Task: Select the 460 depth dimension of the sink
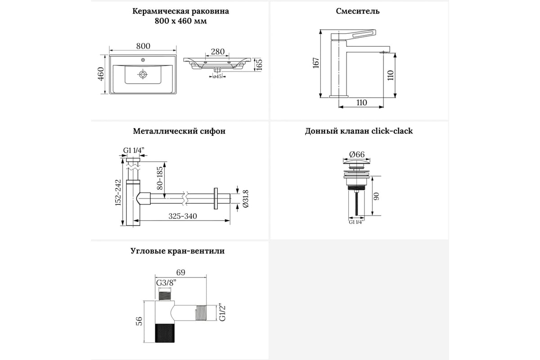coord(101,75)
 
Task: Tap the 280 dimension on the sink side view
coord(217,51)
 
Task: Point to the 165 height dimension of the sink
coord(258,64)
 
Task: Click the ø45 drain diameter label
coord(217,76)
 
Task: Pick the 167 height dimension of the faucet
coord(316,63)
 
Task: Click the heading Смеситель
coord(358,11)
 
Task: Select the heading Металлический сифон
coord(179,131)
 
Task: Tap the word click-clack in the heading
coord(392,131)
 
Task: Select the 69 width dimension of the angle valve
coord(180,272)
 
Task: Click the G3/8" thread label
coord(166,283)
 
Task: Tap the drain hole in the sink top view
coord(143,74)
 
